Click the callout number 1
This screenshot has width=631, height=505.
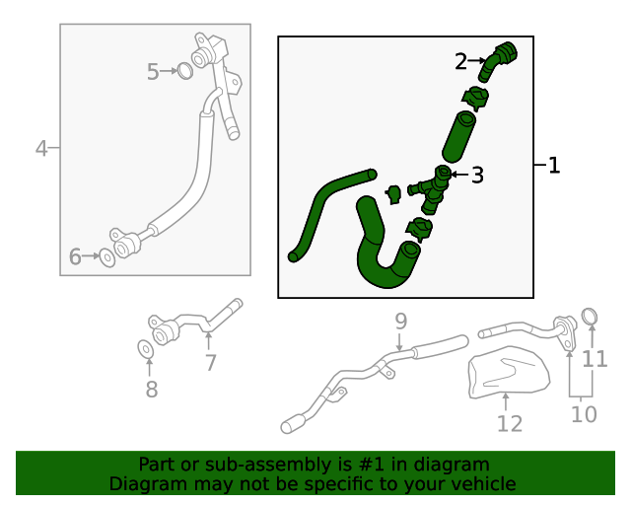554,166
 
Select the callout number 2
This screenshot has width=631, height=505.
461,61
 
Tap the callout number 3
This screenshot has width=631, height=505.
477,176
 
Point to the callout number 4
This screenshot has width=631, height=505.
41,149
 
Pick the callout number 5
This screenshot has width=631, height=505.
153,71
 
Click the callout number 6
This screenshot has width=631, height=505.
76,257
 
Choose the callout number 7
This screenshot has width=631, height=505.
210,362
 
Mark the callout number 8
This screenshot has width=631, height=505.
151,390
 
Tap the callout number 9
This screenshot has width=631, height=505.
400,321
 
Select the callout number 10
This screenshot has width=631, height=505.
584,414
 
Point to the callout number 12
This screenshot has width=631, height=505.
509,424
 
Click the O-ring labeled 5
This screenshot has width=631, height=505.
184,70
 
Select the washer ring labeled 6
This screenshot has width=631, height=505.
106,257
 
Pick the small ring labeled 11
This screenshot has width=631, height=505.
591,316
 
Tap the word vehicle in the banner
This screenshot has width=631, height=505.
482,483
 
